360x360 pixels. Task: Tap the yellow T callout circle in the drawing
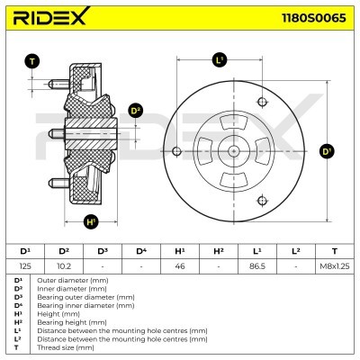(32, 61)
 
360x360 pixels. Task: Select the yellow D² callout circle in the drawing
(136, 111)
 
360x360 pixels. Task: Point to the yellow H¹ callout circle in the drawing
(90, 221)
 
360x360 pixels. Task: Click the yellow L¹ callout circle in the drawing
(220, 61)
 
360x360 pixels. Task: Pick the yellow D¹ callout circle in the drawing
(327, 151)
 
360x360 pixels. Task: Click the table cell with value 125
(25, 265)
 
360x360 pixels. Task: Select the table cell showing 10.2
(64, 265)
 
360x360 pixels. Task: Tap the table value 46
(180, 265)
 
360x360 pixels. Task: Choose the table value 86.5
(257, 265)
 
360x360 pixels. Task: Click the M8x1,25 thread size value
(334, 265)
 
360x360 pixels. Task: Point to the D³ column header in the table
(103, 250)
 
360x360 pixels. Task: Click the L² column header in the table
(296, 250)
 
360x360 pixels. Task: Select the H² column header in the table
(219, 250)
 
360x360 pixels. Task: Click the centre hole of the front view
(232, 151)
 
